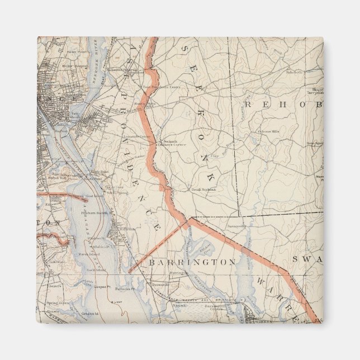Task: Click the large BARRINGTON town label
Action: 192,262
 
